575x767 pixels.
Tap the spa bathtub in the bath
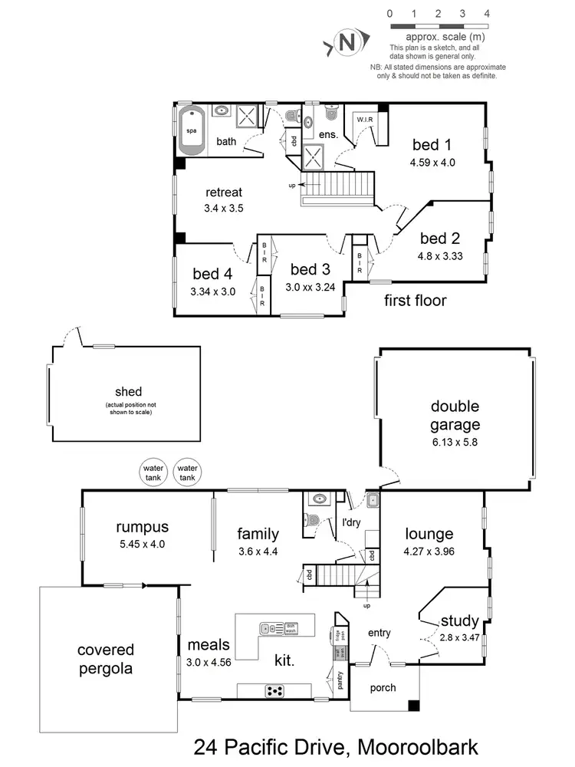coord(192,130)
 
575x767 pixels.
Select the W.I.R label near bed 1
coord(363,120)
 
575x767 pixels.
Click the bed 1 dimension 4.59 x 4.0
coord(433,163)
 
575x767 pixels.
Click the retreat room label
coord(224,192)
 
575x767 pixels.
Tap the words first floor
coord(415,300)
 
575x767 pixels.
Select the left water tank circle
coord(152,469)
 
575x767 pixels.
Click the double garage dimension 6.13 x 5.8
coord(455,443)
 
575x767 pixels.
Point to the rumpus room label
coord(142,527)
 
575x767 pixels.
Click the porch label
coord(383,687)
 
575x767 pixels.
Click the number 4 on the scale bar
coord(488,14)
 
